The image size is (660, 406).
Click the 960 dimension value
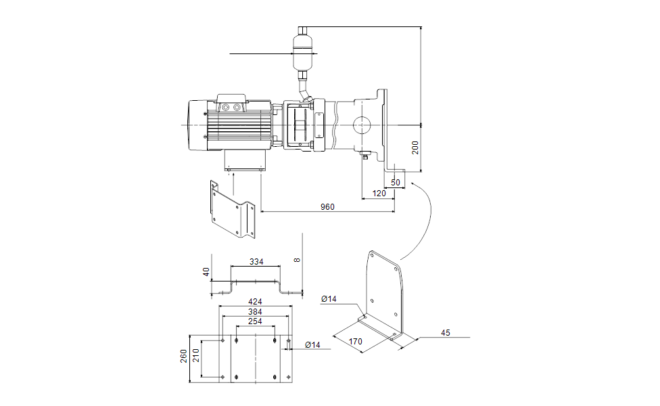click(x=327, y=207)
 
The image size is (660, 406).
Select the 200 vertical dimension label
click(x=416, y=147)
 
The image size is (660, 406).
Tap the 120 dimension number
click(x=379, y=194)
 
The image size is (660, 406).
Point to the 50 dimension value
click(x=396, y=183)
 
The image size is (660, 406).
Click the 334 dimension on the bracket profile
click(x=256, y=261)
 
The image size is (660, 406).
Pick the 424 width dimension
click(x=256, y=302)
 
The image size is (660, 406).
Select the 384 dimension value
click(x=256, y=312)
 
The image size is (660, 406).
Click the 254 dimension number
click(x=256, y=321)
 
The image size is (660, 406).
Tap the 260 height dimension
click(x=183, y=356)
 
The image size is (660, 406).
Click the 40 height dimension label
click(x=207, y=272)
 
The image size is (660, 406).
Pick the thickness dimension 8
click(x=296, y=259)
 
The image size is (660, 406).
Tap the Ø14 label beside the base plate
click(x=312, y=345)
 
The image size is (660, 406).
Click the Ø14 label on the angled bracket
click(x=329, y=299)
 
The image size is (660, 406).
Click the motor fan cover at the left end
click(x=196, y=125)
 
